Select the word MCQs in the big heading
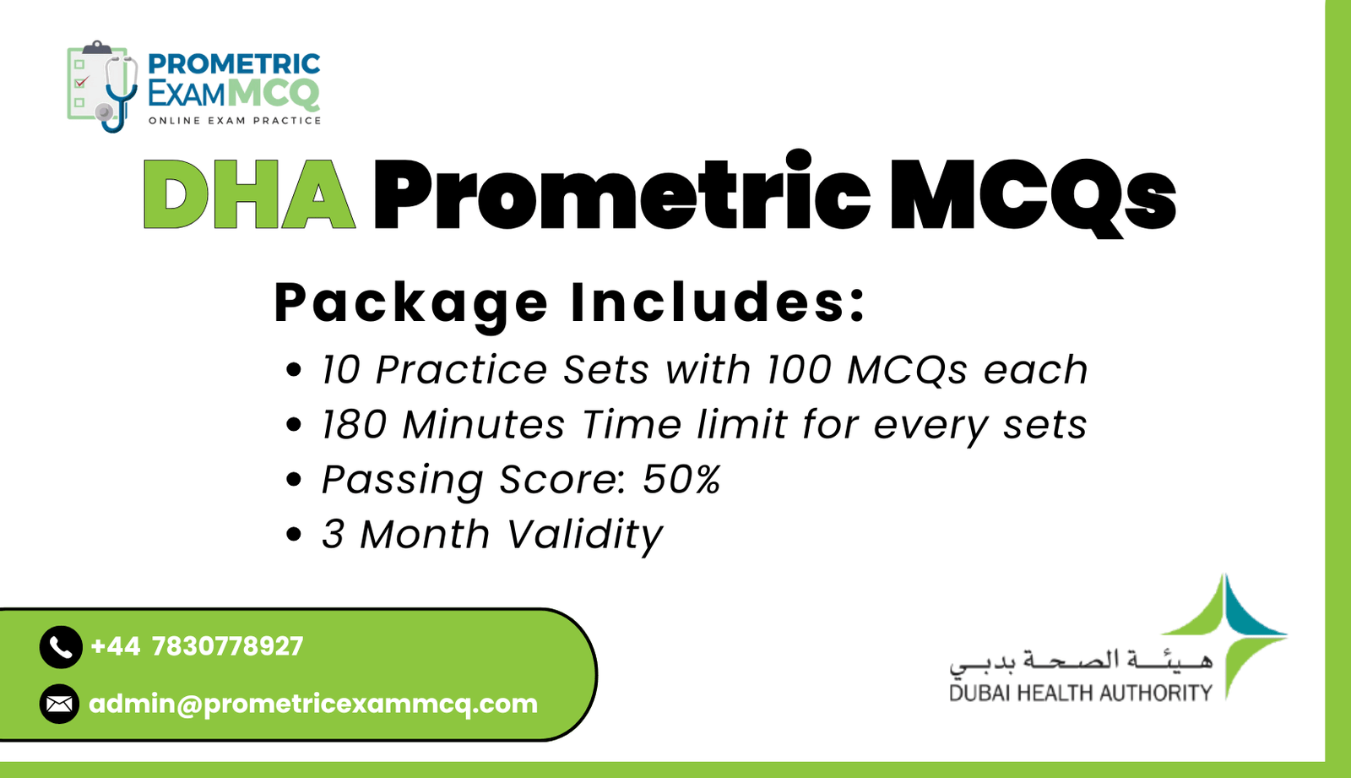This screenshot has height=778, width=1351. click(1032, 194)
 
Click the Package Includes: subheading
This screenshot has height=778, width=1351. click(570, 302)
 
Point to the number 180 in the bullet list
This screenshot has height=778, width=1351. click(353, 424)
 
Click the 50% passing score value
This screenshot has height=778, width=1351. click(681, 479)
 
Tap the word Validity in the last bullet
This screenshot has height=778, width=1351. click(584, 535)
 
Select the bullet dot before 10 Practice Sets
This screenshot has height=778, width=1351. click(293, 370)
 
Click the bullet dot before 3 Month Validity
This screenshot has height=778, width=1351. click(293, 535)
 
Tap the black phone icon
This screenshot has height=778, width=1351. click(60, 647)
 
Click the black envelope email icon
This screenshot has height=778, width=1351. click(60, 704)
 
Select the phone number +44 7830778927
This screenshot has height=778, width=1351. click(197, 646)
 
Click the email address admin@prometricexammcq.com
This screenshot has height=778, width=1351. click(313, 704)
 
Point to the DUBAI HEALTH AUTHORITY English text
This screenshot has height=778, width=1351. click(1080, 694)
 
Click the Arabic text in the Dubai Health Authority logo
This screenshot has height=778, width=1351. click(1081, 661)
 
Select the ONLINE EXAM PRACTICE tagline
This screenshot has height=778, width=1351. click(235, 121)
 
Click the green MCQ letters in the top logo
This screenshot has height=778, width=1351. click(274, 93)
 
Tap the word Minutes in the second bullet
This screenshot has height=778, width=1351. click(483, 424)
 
